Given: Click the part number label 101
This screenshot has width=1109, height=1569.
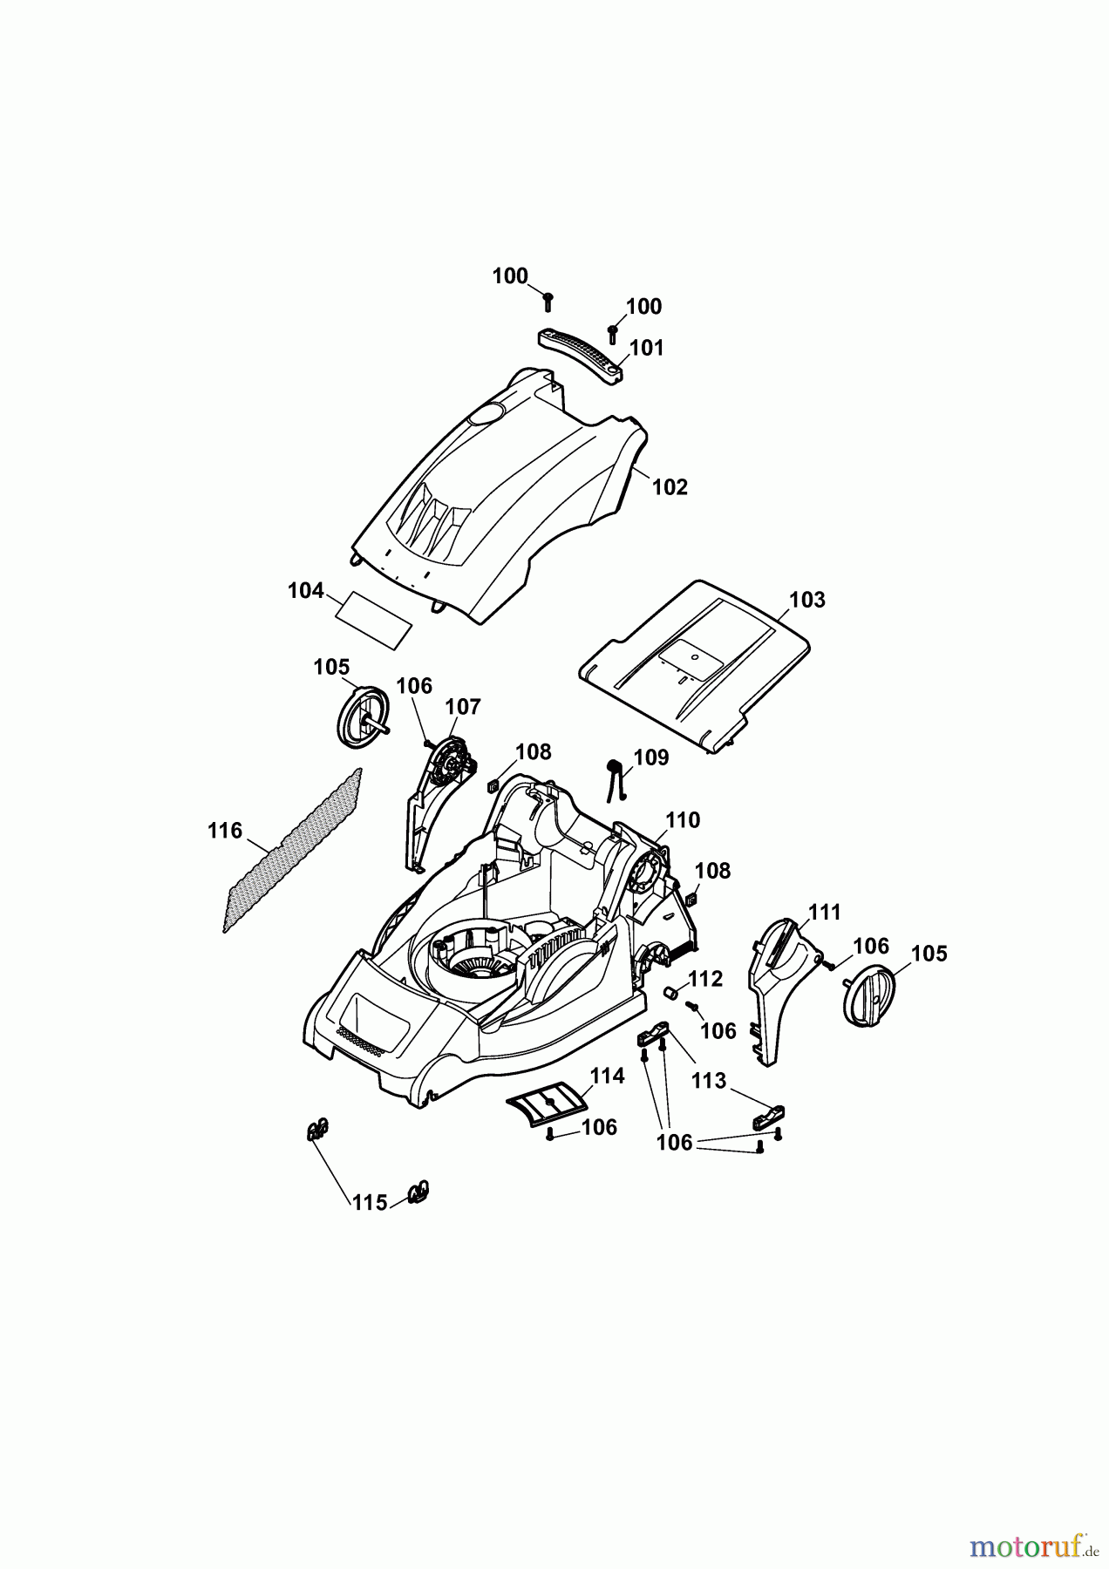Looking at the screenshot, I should click(646, 348).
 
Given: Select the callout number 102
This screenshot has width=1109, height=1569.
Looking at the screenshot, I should click(670, 487).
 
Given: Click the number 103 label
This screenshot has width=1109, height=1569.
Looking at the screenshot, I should click(806, 600).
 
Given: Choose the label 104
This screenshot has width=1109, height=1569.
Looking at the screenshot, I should click(306, 591).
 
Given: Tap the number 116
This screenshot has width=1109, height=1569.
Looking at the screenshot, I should click(225, 831).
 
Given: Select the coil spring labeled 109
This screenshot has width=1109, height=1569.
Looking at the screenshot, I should click(616, 775).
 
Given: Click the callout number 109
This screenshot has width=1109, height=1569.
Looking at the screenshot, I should click(650, 757).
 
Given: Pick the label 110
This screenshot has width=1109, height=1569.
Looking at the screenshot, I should click(683, 820).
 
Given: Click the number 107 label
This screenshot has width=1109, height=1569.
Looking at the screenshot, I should click(463, 707).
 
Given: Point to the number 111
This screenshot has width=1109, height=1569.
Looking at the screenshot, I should click(824, 913).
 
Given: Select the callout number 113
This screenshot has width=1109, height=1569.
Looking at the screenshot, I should click(709, 1081).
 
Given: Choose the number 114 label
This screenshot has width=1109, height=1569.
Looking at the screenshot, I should click(607, 1077).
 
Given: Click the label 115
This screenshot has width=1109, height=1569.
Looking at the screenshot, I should click(369, 1203).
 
